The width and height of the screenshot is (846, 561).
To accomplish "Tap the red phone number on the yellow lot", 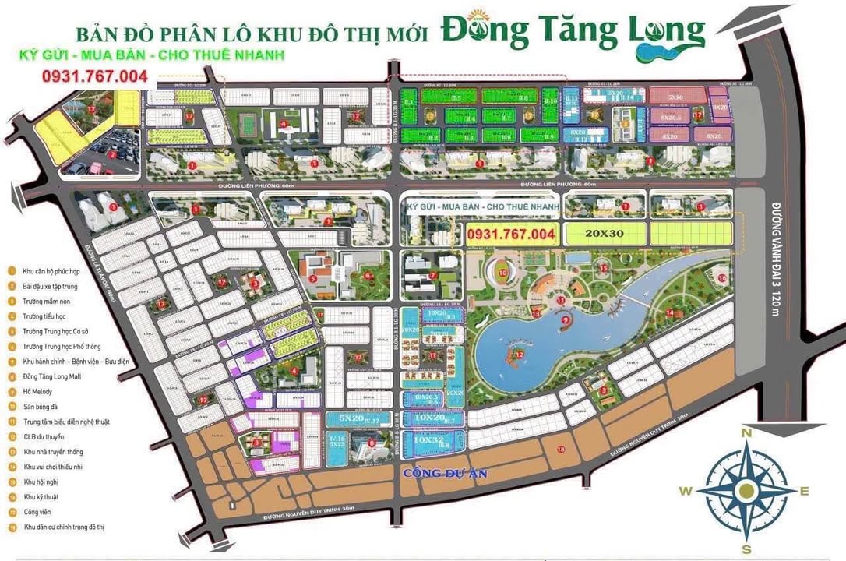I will [x=510, y=233].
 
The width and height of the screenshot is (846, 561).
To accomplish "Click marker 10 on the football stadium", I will [x=502, y=273].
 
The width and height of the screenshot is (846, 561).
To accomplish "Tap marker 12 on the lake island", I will [x=518, y=355].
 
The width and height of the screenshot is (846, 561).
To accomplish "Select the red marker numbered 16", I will [x=722, y=277].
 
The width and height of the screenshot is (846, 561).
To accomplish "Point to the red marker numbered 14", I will [x=670, y=313].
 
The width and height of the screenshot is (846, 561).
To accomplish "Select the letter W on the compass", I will [x=686, y=491].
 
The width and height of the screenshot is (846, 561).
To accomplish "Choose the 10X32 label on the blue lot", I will [x=428, y=439].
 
